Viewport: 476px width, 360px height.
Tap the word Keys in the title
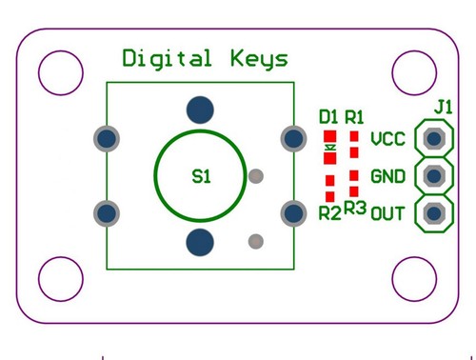point(258,59)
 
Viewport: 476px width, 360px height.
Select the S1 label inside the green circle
point(202,175)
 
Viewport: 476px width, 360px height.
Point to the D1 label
point(328,117)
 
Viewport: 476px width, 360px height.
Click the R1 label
point(355,117)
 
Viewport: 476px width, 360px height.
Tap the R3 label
point(355,208)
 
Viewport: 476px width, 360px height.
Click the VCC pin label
point(387,140)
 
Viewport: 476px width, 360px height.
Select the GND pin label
point(387,176)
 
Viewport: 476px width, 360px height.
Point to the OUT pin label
point(387,212)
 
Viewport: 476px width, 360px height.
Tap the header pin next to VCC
point(434,139)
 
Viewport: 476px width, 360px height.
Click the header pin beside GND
point(434,176)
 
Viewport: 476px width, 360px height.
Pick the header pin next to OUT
point(434,212)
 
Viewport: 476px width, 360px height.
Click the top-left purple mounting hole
point(61,70)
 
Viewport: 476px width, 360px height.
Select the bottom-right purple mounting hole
point(414,279)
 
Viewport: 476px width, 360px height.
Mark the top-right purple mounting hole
point(414,70)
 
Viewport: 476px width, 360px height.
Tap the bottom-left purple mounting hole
point(61,279)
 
